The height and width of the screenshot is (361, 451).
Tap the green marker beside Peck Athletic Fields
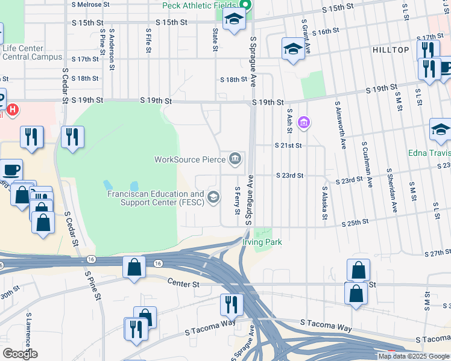tap(247, 5)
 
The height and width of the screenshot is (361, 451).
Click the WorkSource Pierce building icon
tap(235, 159)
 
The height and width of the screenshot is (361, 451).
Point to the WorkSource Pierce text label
tap(189, 160)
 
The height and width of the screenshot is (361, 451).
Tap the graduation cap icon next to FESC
tap(213, 197)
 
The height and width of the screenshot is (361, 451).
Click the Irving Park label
tap(262, 242)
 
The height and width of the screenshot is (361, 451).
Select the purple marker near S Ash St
tap(304, 123)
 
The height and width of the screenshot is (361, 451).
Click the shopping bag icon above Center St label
tap(134, 267)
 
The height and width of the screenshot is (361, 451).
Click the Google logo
tap(20, 354)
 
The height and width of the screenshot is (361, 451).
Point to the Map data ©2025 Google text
tap(414, 356)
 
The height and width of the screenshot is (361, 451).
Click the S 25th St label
tap(356, 222)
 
